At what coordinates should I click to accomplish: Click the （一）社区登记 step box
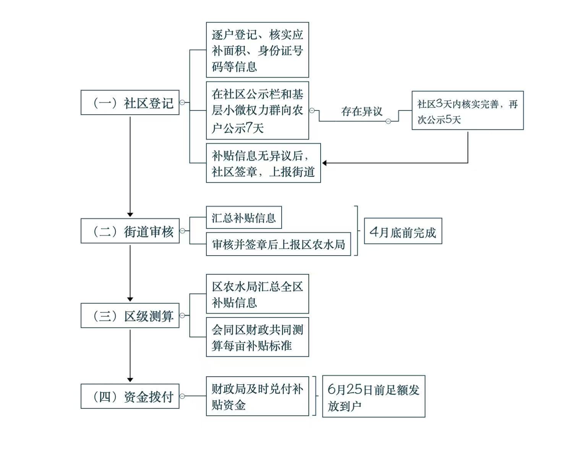pyautogui.click(x=130, y=102)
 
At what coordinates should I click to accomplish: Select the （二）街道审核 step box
pyautogui.click(x=130, y=231)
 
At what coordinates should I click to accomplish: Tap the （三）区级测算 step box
pyautogui.click(x=130, y=316)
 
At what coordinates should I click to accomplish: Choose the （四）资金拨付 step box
pyautogui.click(x=130, y=396)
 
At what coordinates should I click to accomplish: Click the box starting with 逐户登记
pyautogui.click(x=257, y=50)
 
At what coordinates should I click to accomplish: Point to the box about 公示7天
pyautogui.click(x=257, y=110)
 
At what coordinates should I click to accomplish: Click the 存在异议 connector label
pyautogui.click(x=362, y=112)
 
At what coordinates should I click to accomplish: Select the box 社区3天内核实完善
pyautogui.click(x=467, y=110)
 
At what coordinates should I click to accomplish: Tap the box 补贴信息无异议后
pyautogui.click(x=263, y=163)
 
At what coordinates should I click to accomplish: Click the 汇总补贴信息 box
pyautogui.click(x=243, y=218)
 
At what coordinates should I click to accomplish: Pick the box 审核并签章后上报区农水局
pyautogui.click(x=278, y=244)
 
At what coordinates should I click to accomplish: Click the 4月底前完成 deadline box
pyautogui.click(x=403, y=231)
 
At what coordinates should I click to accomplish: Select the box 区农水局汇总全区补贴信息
pyautogui.click(x=257, y=294)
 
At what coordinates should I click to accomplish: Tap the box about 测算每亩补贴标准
pyautogui.click(x=257, y=337)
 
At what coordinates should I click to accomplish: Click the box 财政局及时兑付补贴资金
pyautogui.click(x=257, y=396)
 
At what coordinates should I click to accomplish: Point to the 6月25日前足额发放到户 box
pyautogui.click(x=373, y=397)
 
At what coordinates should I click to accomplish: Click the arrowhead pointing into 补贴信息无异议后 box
pyautogui.click(x=324, y=163)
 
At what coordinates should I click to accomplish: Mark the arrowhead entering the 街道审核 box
pyautogui.click(x=130, y=215)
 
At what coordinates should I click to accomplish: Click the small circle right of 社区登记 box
pyautogui.click(x=182, y=102)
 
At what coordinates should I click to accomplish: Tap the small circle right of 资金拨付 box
pyautogui.click(x=182, y=396)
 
